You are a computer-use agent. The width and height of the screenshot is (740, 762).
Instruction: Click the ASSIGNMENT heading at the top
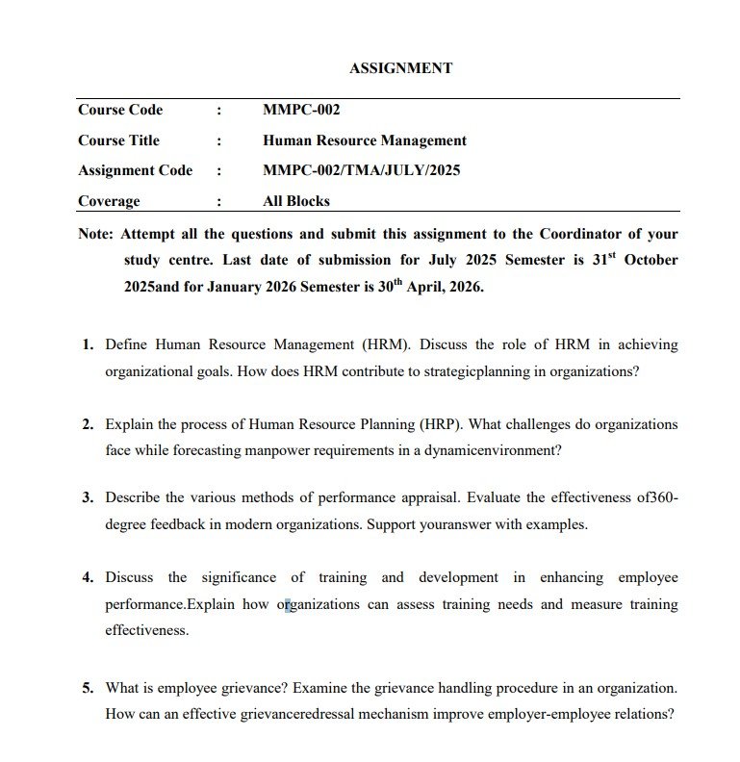click(x=400, y=68)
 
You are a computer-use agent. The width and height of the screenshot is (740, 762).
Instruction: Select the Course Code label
click(x=120, y=110)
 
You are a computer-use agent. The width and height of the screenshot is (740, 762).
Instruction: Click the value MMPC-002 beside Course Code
click(x=301, y=110)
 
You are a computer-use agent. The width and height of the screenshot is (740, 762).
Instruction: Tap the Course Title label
click(x=118, y=140)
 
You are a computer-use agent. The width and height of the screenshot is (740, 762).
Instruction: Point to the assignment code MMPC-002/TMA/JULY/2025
click(x=361, y=171)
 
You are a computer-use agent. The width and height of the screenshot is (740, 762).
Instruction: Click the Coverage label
click(x=109, y=201)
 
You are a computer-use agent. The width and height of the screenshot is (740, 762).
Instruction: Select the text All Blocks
click(x=296, y=201)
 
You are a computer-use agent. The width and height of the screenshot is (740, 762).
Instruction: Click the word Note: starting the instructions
click(x=96, y=234)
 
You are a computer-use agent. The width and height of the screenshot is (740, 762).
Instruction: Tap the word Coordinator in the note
click(x=580, y=234)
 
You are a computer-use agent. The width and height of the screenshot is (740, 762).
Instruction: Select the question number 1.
click(x=87, y=344)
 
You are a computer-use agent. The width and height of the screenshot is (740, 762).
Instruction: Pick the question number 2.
click(x=87, y=424)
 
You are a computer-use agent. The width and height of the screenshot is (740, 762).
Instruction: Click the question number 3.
click(x=87, y=497)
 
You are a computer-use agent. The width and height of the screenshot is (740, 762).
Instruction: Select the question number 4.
click(x=87, y=577)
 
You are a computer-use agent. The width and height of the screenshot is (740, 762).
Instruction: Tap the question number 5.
click(x=87, y=688)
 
